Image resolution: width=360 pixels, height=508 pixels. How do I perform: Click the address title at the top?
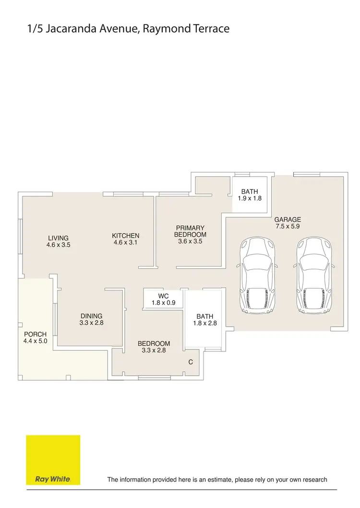[x=128, y=29]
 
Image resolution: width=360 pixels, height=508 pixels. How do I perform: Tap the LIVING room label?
[x=58, y=238]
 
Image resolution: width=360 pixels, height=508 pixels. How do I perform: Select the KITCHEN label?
[x=125, y=236]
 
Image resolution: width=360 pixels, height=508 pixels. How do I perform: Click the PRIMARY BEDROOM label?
[x=190, y=231]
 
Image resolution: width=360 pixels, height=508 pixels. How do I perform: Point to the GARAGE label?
[x=288, y=219]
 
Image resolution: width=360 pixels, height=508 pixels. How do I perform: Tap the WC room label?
[x=157, y=296]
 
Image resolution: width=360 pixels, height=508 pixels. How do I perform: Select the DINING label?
[x=91, y=316]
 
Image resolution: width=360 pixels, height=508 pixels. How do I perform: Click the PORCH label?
[x=35, y=334]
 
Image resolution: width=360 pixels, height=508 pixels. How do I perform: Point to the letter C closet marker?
[x=191, y=362]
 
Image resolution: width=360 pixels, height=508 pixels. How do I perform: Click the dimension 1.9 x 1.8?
[x=250, y=198]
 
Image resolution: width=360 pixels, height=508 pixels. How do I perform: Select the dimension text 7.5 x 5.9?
[x=288, y=226]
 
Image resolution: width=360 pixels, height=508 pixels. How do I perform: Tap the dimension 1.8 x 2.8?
[x=205, y=323]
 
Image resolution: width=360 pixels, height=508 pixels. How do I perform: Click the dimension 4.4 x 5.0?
[x=35, y=341]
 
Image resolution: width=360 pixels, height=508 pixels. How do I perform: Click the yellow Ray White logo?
[x=53, y=460]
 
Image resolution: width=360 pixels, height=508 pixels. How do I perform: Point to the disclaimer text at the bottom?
[x=217, y=479]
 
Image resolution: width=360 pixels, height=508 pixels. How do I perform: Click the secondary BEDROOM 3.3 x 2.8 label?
[x=154, y=347]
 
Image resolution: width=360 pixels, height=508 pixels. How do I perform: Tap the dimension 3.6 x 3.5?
[x=190, y=242]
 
